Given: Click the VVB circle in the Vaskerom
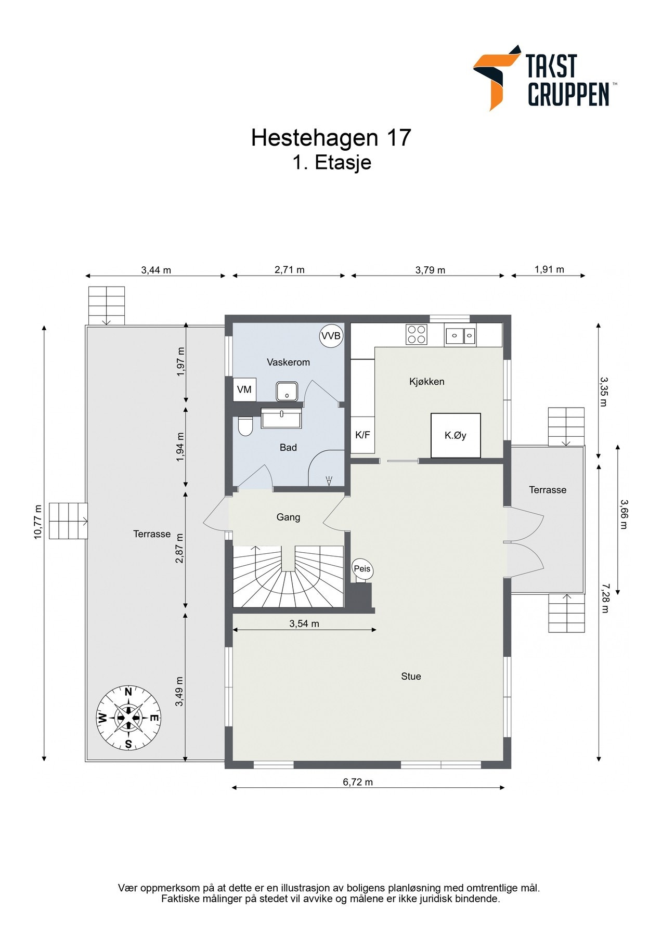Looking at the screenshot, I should (331, 336).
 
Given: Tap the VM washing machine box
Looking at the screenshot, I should (244, 389).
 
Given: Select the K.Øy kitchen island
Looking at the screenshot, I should (456, 435).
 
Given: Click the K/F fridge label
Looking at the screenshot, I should (362, 435).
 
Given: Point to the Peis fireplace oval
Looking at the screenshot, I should (362, 568).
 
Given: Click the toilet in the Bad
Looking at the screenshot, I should (245, 427).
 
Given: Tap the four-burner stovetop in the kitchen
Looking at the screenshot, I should (417, 334).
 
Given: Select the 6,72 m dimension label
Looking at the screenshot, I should (358, 782).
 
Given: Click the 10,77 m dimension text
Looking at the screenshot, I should (37, 522).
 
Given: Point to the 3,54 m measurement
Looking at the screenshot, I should (304, 623).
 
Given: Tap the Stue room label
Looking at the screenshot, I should (411, 677).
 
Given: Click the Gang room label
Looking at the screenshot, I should (288, 517).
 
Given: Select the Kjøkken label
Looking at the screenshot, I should (426, 382).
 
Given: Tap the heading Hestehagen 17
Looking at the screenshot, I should (331, 138).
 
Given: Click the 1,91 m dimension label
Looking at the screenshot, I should (549, 269).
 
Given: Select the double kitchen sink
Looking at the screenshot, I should (460, 335).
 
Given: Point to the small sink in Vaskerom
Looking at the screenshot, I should (287, 392).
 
